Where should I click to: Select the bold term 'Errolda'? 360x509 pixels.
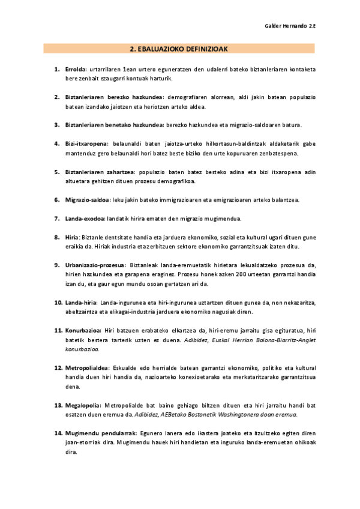(x=76, y=70)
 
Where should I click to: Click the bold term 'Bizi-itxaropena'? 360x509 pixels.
(x=86, y=144)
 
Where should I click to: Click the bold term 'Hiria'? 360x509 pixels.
(x=72, y=237)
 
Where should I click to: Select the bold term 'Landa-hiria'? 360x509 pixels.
(x=82, y=302)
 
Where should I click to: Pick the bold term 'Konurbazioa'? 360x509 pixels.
(x=83, y=330)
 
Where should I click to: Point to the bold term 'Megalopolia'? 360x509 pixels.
(x=83, y=405)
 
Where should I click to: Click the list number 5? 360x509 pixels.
(x=57, y=172)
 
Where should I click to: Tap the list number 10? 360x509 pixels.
(x=58, y=302)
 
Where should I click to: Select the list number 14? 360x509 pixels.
(x=58, y=433)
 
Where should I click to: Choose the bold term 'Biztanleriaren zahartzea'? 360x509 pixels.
(x=100, y=172)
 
